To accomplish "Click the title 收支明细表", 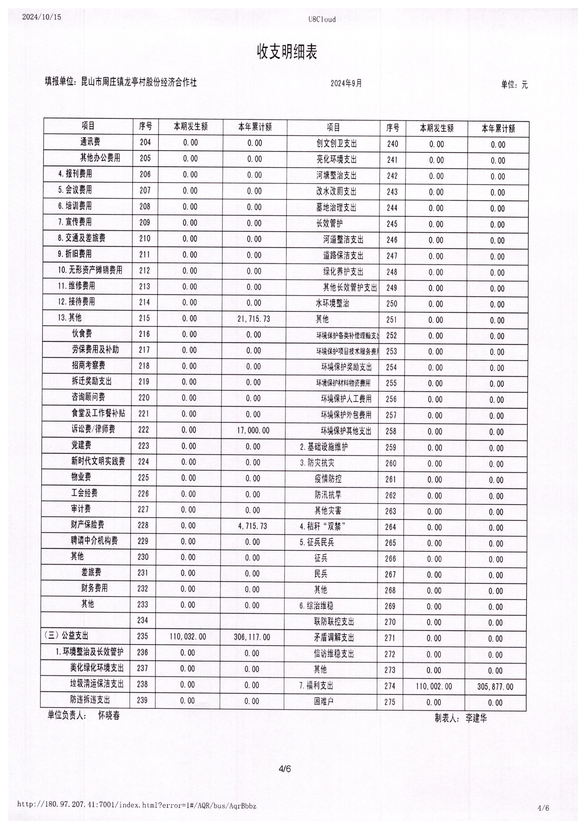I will click(287, 52).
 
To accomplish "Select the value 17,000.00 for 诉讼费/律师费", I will click(253, 430).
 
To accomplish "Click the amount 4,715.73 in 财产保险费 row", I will click(253, 526).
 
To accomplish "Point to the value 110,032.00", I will click(188, 636).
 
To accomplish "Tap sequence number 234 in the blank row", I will click(142, 620).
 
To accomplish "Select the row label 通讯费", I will click(90, 142).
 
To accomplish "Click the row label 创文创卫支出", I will click(336, 143).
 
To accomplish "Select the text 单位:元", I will click(514, 85).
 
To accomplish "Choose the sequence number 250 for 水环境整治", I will click(391, 304).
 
